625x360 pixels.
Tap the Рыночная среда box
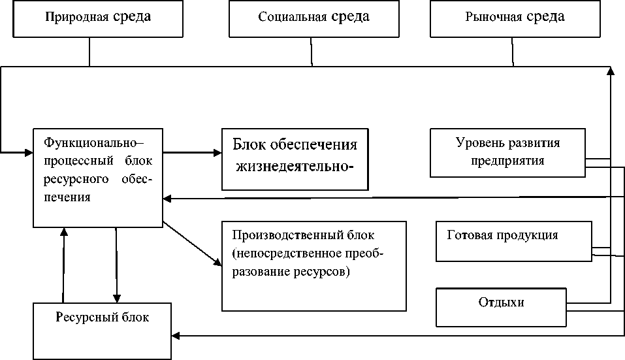(x=514, y=18)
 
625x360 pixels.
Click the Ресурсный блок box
(x=102, y=330)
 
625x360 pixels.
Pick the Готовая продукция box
(x=513, y=241)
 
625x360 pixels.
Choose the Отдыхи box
(x=501, y=308)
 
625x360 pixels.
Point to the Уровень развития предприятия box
(x=507, y=152)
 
